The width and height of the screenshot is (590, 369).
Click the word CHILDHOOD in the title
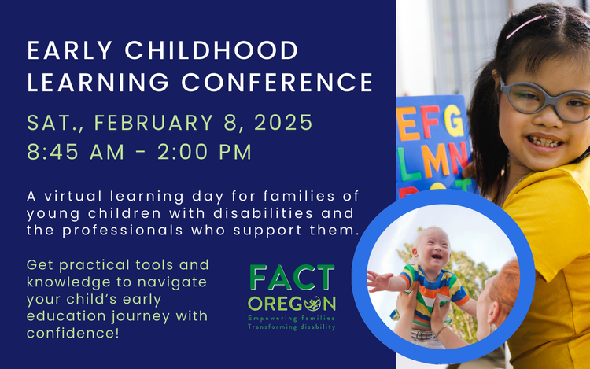tap(212, 50)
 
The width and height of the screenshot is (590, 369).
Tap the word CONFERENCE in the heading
tap(278, 83)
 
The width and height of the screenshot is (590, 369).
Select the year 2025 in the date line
tap(283, 122)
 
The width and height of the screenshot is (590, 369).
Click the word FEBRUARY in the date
tap(153, 122)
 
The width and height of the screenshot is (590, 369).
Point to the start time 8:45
tap(52, 152)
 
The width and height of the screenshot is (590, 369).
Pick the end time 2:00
tap(183, 152)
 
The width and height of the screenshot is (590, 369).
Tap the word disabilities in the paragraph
tap(263, 213)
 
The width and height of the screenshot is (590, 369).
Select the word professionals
tap(122, 231)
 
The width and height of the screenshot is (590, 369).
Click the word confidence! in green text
tap(73, 333)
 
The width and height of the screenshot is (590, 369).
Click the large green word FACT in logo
tap(292, 277)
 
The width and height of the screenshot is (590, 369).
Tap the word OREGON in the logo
tap(292, 304)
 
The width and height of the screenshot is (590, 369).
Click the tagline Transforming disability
tap(291, 327)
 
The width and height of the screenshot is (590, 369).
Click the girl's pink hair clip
tap(525, 26)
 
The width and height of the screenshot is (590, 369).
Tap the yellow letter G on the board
tap(454, 120)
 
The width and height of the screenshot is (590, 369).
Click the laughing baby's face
tap(433, 248)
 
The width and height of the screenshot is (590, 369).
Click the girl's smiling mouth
tap(544, 142)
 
